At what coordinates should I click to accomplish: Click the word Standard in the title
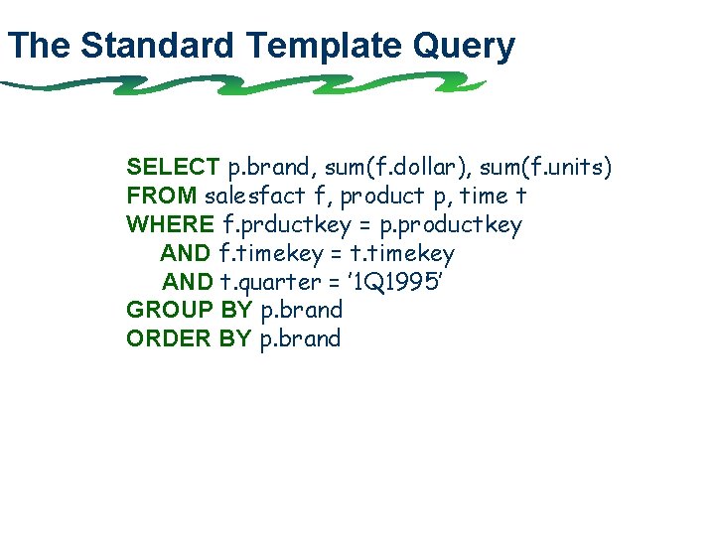158,46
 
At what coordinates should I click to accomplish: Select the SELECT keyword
173,167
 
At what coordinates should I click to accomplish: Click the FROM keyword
162,196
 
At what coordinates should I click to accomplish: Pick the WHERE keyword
170,224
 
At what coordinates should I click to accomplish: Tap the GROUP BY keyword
189,310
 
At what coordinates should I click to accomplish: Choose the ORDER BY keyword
189,338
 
